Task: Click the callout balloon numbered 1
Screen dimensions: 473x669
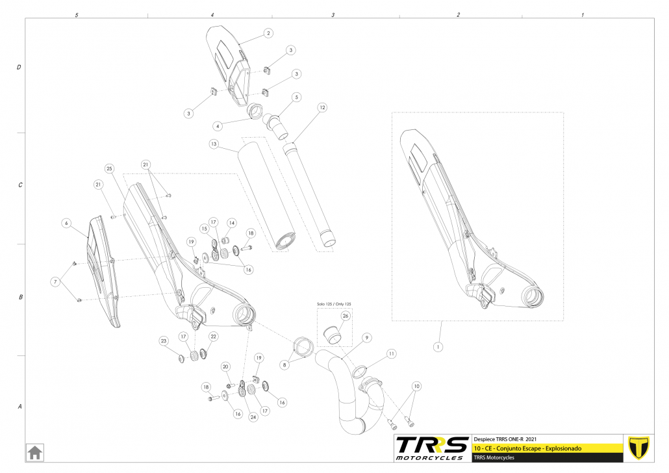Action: coord(438,347)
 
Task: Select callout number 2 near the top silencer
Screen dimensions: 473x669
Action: coord(268,32)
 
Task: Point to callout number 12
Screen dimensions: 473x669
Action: coord(322,107)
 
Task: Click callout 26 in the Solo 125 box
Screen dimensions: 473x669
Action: coord(346,316)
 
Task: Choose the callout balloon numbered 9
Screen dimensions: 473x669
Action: coord(366,338)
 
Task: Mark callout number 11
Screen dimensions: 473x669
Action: coord(391,353)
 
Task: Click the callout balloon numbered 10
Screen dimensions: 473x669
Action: coord(416,386)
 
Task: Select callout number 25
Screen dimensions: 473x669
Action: coord(109,168)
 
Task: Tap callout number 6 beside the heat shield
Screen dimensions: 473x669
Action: coord(66,223)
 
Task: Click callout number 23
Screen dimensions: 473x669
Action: coord(164,341)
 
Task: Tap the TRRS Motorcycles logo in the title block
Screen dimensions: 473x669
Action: coord(431,448)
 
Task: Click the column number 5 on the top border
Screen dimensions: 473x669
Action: coord(77,14)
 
